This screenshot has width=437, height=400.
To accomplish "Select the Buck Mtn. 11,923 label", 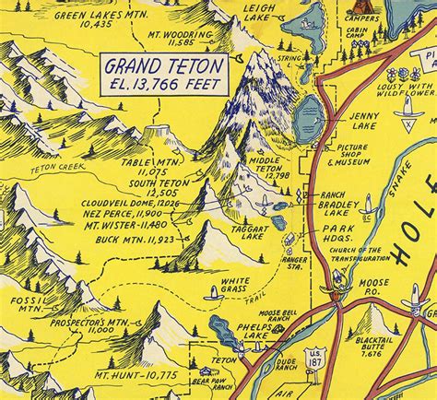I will tap(136, 240).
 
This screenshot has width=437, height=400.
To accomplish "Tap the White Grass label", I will tap(233, 285).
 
